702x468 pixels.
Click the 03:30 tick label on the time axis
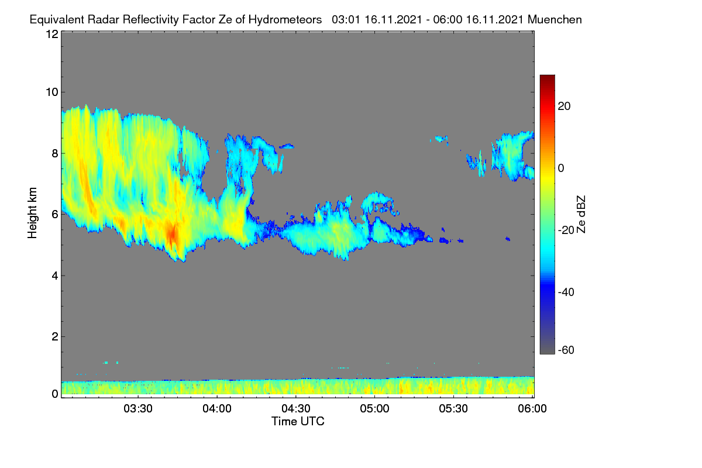click(138, 409)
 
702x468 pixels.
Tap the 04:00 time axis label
click(217, 409)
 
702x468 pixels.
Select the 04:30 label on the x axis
click(296, 409)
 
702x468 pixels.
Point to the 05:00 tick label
click(374, 409)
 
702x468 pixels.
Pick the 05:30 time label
click(453, 409)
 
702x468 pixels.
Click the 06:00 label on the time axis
click(532, 409)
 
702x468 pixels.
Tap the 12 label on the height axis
click(52, 34)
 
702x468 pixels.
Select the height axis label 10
click(52, 92)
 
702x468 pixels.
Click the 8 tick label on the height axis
click(55, 154)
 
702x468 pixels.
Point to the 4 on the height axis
click(55, 276)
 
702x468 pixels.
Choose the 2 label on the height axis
click(55, 336)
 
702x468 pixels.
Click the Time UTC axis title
click(298, 421)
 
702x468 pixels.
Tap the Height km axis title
click(32, 213)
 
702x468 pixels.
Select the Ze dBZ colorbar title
click(581, 215)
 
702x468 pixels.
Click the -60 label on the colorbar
click(566, 350)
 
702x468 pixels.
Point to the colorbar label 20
click(564, 106)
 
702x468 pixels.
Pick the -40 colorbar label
click(566, 292)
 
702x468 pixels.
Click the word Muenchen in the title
click(555, 20)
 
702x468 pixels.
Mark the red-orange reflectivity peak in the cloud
click(172, 233)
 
